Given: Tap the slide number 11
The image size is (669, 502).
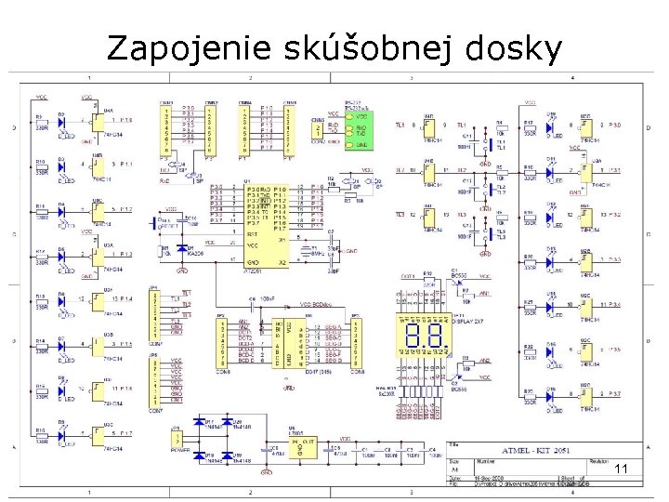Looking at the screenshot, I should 622,471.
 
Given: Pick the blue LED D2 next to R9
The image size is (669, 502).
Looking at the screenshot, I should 62,121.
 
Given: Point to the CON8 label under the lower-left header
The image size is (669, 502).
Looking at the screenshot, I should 223,371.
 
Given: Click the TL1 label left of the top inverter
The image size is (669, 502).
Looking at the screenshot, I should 400,125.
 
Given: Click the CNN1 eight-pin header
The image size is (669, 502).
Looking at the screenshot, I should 168,126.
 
